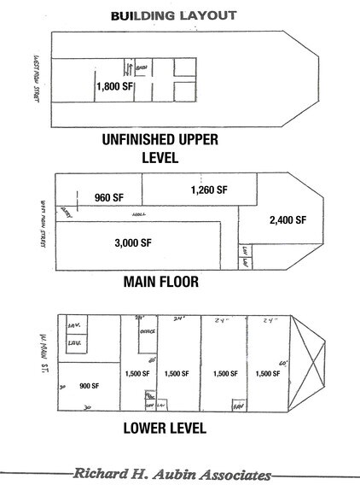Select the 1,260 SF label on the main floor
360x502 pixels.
[x=208, y=189]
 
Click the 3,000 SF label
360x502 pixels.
[x=132, y=242]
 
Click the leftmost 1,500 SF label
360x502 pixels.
[x=136, y=373]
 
